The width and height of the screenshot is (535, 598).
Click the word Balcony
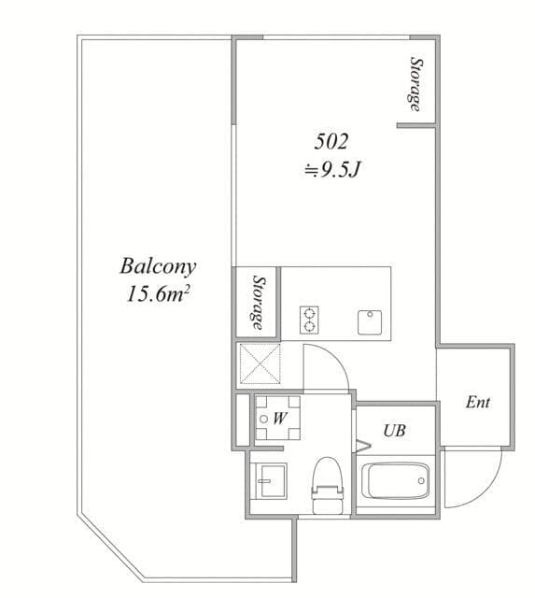(158, 267)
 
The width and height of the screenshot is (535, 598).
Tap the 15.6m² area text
(158, 293)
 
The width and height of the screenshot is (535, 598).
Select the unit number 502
(331, 142)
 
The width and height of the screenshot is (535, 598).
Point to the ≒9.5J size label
(332, 170)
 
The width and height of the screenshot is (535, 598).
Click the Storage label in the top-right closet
(415, 84)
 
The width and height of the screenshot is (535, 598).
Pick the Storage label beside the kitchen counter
(259, 303)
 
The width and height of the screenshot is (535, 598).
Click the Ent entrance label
(478, 403)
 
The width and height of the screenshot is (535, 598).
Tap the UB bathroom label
(394, 431)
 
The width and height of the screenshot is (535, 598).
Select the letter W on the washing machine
(280, 419)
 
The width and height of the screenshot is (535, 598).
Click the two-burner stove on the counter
(309, 320)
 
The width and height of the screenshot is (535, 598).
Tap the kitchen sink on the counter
(370, 322)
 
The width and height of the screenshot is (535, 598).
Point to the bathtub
(396, 480)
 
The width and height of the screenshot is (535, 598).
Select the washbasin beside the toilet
(271, 480)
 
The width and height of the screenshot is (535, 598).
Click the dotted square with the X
(260, 363)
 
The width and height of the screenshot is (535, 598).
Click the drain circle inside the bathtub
(421, 480)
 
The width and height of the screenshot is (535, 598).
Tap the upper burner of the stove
(309, 314)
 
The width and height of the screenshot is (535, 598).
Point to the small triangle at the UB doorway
(363, 446)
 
